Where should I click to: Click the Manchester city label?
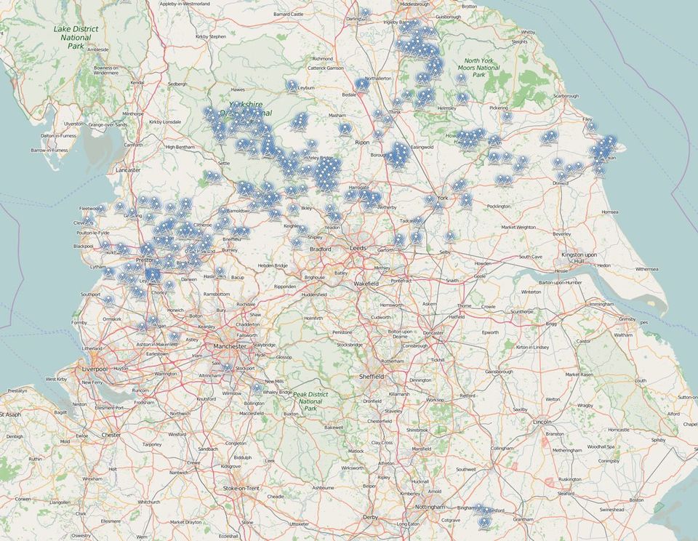[x=230, y=346]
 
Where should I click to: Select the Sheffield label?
[x=372, y=377]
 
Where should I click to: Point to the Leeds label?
[x=358, y=248]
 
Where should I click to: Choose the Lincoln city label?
[x=542, y=422]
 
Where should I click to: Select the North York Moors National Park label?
[x=482, y=68]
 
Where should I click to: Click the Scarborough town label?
[x=566, y=95]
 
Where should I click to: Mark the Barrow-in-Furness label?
[x=49, y=151]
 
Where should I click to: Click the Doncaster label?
[x=433, y=333]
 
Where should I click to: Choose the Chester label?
[x=111, y=435]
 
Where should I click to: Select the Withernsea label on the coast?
[x=646, y=269]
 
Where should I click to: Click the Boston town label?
[x=637, y=500]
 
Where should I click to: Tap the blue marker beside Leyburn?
[x=292, y=84]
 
